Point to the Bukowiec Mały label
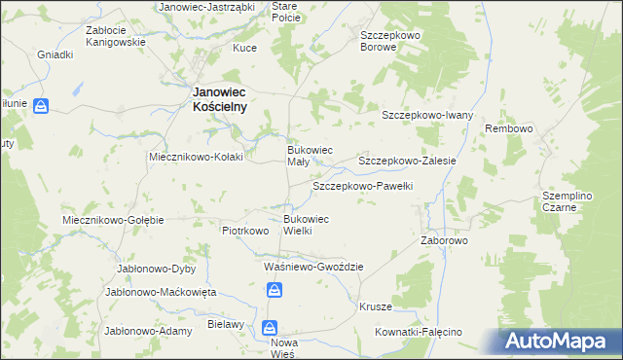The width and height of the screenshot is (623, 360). coord(309,156)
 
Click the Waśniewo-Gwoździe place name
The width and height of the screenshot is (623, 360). coord(313,267)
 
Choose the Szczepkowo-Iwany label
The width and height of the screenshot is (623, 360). coord(426,115)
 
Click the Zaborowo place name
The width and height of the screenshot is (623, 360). coord(445,240)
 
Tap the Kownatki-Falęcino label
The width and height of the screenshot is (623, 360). coord(419,332)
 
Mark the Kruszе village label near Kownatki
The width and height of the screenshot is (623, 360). coord(375,306)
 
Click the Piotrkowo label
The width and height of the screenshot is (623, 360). coord(244,231)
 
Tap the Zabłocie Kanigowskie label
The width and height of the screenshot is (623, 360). coord(115,36)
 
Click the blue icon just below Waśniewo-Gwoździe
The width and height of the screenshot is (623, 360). coord(275,289)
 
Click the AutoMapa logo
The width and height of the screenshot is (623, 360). coord(561,342)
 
